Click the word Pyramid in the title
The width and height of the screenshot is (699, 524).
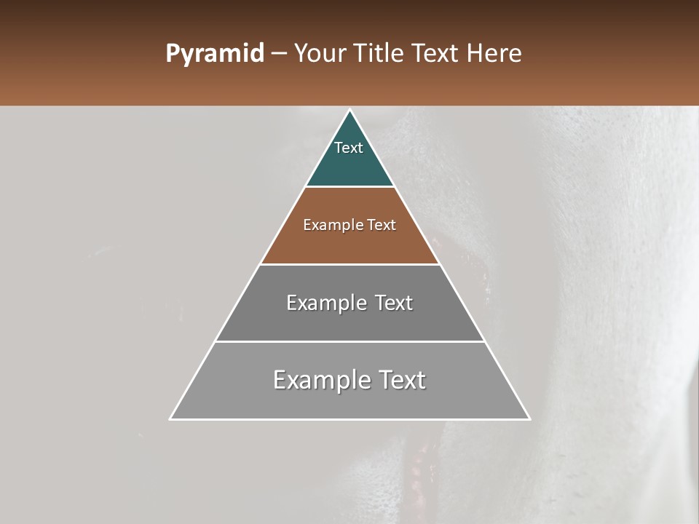tap(214, 54)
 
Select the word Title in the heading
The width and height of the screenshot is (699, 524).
tap(379, 54)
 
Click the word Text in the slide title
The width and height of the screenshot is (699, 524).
tap(437, 54)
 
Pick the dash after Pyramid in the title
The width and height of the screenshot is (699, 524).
tap(279, 54)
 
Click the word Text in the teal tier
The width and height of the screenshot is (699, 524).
tap(349, 148)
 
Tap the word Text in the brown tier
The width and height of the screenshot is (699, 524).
tap(382, 226)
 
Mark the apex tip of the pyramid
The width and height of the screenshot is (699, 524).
tap(350, 111)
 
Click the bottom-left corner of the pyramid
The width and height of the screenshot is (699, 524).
tap(170, 418)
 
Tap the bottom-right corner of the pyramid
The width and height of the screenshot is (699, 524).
tap(529, 418)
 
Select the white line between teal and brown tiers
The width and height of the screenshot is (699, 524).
tap(350, 187)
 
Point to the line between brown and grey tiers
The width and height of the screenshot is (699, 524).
tap(350, 264)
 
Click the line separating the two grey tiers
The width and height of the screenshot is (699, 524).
tap(350, 341)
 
